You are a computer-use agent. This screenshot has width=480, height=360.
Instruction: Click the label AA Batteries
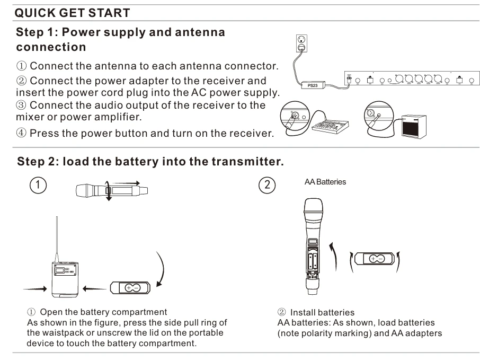tap(325, 182)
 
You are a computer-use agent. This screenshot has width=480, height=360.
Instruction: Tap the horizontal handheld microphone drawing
tap(112, 189)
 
